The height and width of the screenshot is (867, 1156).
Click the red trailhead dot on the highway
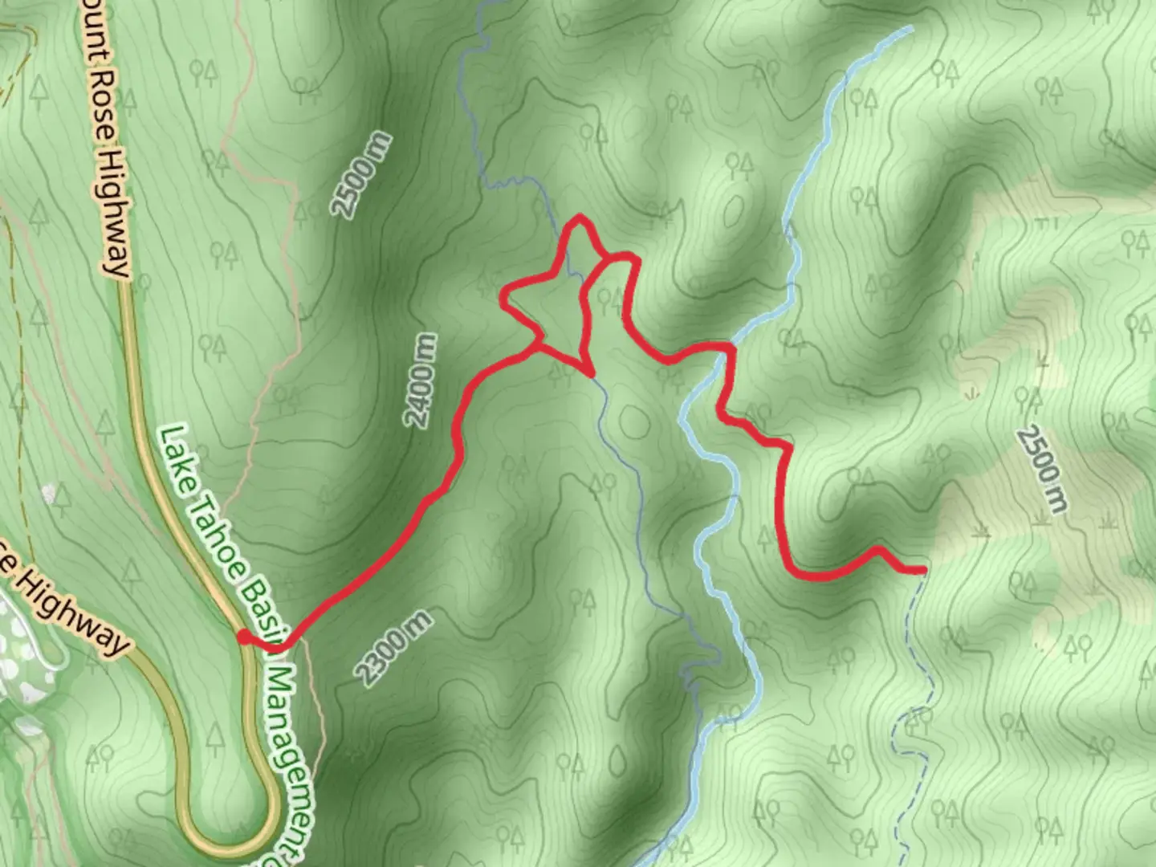[242, 637]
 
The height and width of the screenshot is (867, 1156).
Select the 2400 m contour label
[421, 381]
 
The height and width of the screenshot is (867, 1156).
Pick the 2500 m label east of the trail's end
[1042, 470]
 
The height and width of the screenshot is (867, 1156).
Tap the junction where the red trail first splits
[536, 347]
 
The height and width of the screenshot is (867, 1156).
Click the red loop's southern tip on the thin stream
[590, 373]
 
